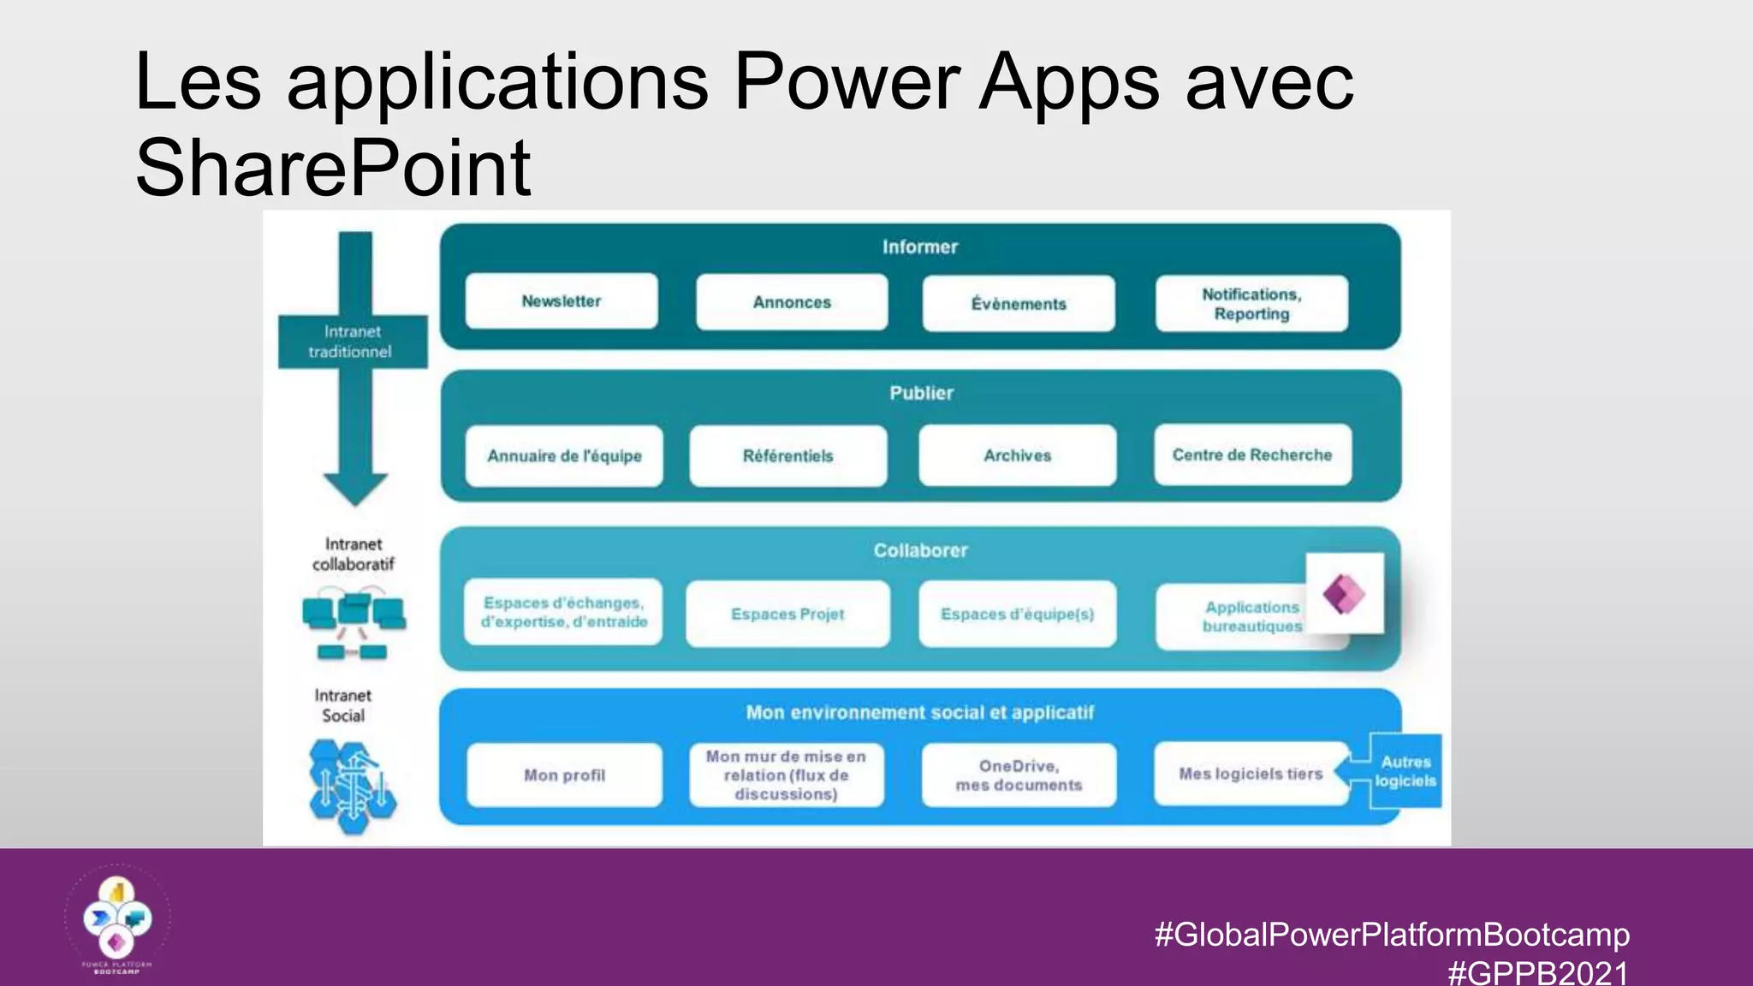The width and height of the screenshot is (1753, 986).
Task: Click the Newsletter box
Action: click(x=562, y=301)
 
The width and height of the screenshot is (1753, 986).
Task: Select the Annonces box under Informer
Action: click(x=792, y=302)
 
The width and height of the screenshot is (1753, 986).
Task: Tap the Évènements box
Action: click(x=1019, y=304)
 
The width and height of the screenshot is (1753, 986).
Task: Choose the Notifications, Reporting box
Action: click(x=1251, y=304)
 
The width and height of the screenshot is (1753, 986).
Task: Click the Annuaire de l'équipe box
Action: click(x=564, y=456)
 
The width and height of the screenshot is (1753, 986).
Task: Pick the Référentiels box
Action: click(x=787, y=456)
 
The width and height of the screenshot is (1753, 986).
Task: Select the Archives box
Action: click(x=1017, y=455)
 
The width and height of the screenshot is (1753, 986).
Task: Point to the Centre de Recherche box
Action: click(x=1252, y=454)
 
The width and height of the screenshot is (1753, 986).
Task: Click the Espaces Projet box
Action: click(x=787, y=614)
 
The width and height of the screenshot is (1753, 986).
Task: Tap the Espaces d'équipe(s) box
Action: click(x=1017, y=614)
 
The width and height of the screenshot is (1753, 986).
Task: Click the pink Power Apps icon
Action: click(x=1344, y=593)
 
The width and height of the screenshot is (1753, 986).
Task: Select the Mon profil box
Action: click(x=564, y=775)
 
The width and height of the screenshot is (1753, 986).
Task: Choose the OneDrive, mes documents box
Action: click(x=1019, y=775)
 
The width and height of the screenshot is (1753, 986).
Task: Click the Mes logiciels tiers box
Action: click(x=1251, y=774)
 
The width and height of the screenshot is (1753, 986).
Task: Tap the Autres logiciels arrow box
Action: click(x=1404, y=771)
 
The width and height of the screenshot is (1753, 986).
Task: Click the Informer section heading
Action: click(x=920, y=247)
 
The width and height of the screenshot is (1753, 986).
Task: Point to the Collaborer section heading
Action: click(x=920, y=550)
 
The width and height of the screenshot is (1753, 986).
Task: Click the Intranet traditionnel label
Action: click(x=352, y=342)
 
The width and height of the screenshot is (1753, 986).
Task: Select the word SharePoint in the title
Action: click(x=333, y=167)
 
